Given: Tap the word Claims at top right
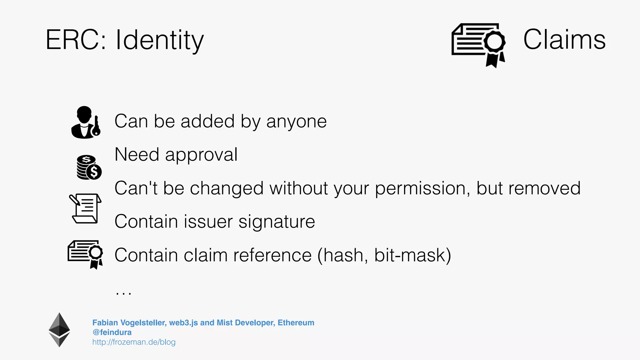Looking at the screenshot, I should tap(564, 39).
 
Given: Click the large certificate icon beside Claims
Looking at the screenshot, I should tap(478, 44).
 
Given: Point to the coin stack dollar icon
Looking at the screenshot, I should tap(89, 167).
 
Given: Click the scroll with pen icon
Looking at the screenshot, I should tap(85, 208).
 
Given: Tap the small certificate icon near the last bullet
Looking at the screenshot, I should tap(85, 254).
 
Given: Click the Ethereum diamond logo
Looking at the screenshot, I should tap(59, 330).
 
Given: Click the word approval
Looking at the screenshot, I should tap(201, 155).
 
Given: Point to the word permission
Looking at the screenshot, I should tap(422, 188).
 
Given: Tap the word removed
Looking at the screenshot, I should tap(544, 188).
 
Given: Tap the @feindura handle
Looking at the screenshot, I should tap(112, 332).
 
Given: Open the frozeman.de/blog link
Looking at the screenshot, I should tap(134, 342).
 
